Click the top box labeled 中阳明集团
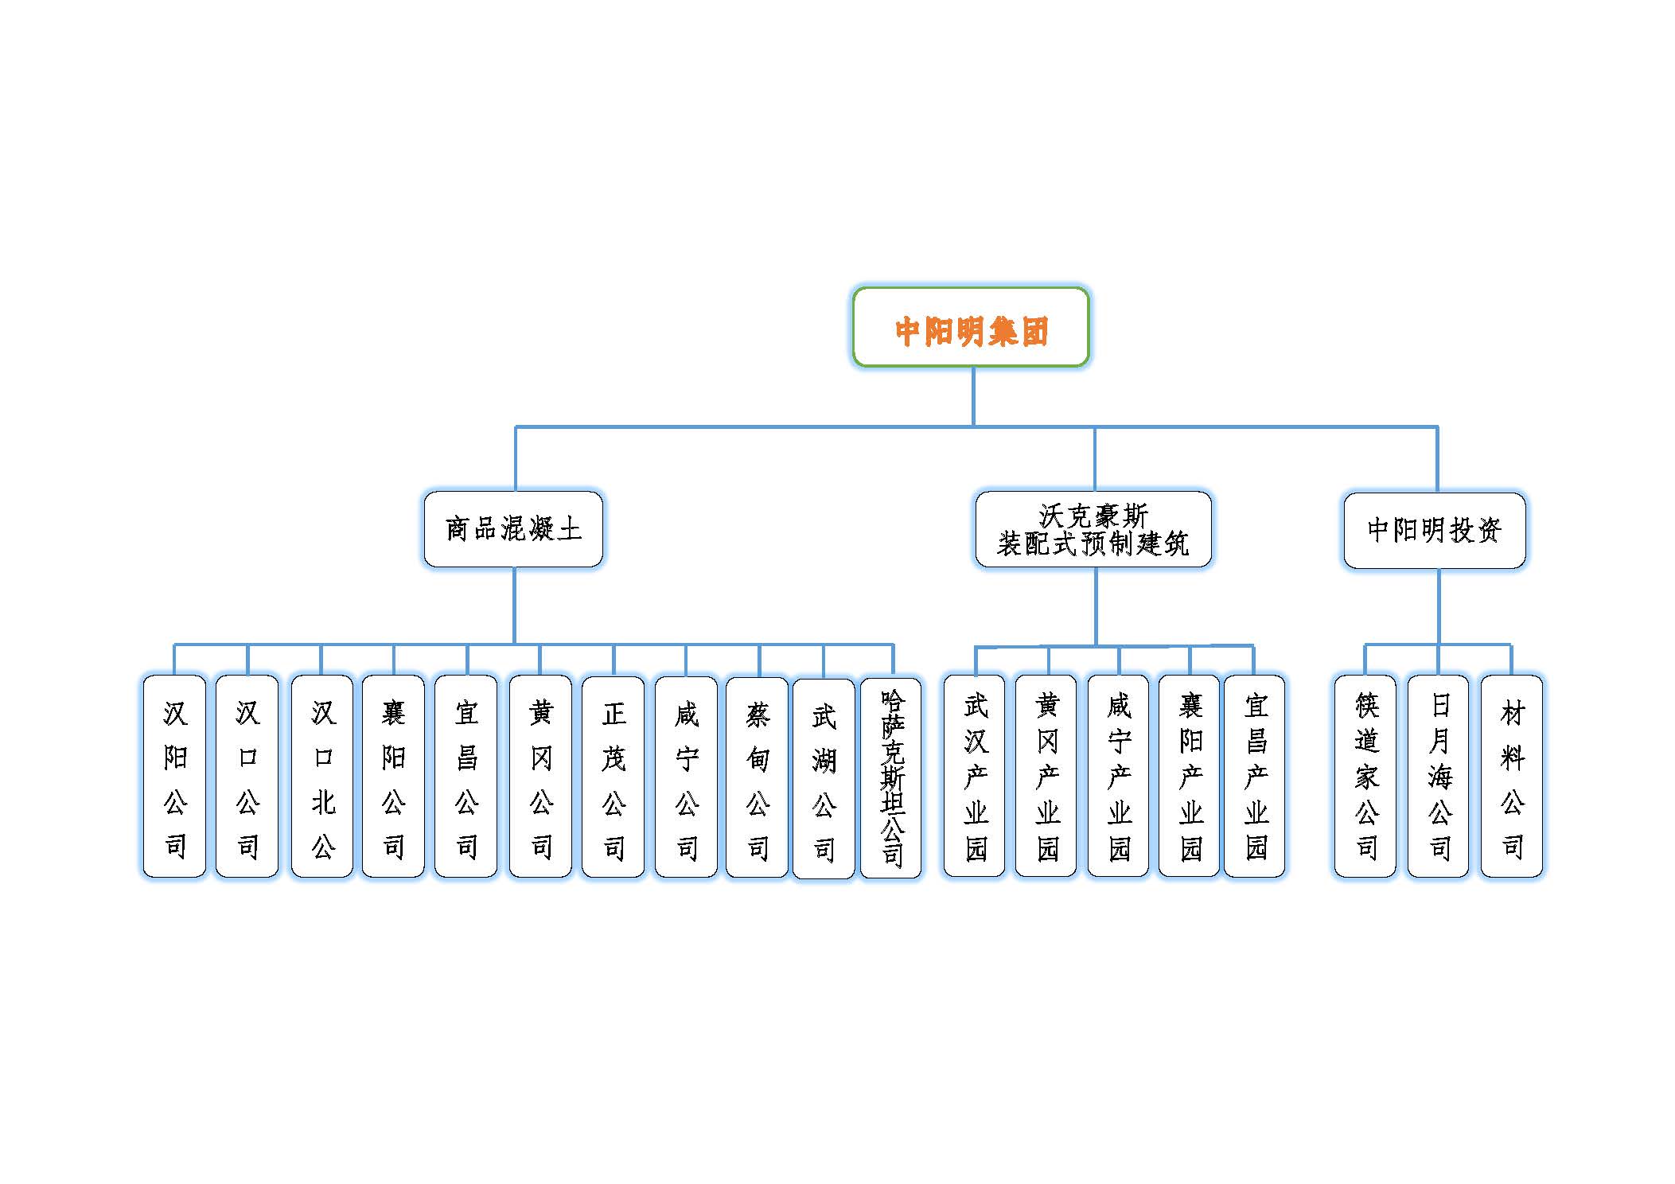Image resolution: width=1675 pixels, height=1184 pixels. [970, 327]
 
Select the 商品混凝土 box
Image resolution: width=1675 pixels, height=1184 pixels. [513, 529]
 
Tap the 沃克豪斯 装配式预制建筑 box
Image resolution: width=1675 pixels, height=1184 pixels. [1093, 529]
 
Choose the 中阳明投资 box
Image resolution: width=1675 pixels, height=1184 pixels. [1434, 530]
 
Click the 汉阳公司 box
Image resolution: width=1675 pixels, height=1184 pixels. [174, 776]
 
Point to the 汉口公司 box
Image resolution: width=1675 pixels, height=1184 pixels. [247, 776]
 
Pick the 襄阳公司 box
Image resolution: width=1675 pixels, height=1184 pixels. [393, 776]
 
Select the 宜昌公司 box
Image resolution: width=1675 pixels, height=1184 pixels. [466, 776]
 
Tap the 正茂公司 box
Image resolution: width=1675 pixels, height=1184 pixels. [613, 777]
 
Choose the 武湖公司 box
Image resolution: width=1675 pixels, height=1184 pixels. [824, 778]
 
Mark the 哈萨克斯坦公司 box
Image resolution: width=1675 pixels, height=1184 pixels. [891, 778]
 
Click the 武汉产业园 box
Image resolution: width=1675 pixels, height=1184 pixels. [975, 776]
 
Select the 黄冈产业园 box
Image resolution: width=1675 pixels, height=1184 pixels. [1046, 776]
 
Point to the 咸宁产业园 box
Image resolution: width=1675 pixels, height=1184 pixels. [1118, 776]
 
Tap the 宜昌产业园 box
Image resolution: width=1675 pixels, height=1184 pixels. [1254, 776]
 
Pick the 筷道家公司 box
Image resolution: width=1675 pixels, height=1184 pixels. [1365, 776]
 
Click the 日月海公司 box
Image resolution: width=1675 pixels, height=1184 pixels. [1439, 776]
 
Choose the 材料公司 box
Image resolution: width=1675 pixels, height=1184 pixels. [1512, 776]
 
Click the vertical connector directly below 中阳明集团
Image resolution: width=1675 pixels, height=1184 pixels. [973, 396]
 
